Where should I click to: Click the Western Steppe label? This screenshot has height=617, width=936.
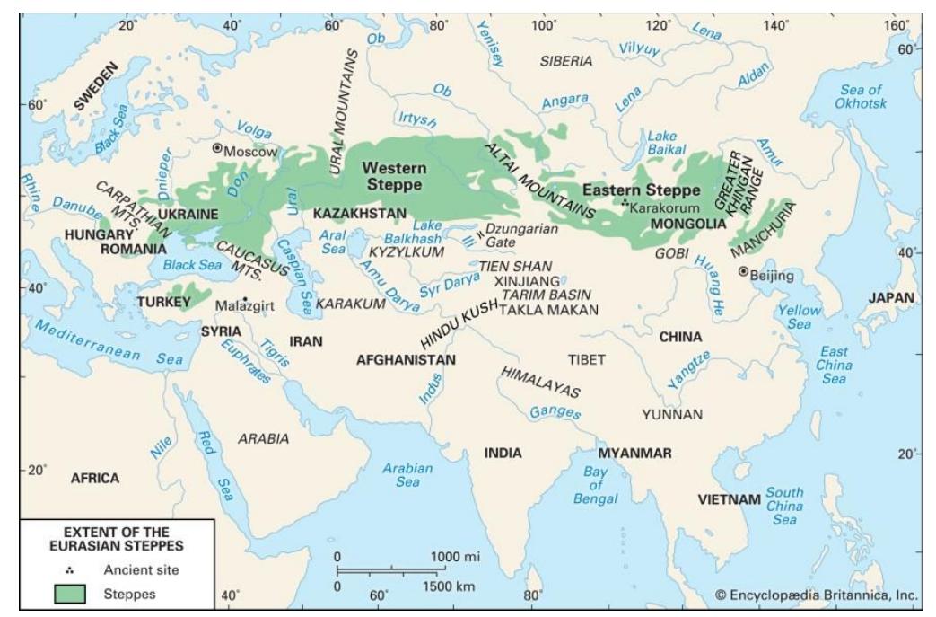pyautogui.click(x=395, y=175)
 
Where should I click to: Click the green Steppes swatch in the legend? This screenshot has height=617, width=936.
pyautogui.click(x=71, y=593)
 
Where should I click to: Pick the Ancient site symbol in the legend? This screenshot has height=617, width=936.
pyautogui.click(x=71, y=569)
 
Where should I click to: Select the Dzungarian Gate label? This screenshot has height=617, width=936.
pyautogui.click(x=520, y=235)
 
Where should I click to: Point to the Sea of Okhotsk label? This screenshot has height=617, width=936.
pyautogui.click(x=862, y=97)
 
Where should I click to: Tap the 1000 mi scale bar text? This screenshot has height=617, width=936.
pyautogui.click(x=455, y=556)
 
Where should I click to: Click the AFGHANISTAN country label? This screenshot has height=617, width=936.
pyautogui.click(x=406, y=360)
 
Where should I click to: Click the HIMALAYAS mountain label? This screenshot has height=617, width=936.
pyautogui.click(x=540, y=383)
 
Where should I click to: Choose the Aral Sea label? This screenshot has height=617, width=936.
pyautogui.click(x=334, y=242)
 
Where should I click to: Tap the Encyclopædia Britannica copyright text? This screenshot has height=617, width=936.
pyautogui.click(x=817, y=595)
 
